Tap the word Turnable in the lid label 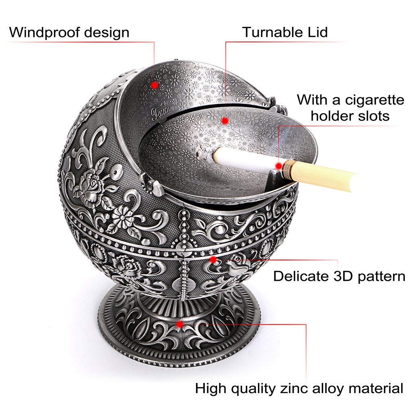[x=273, y=32]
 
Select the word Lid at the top [x=318, y=32]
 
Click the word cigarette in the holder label [x=375, y=100]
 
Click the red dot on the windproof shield [x=154, y=85]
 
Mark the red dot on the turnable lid [x=225, y=121]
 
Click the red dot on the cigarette [x=278, y=166]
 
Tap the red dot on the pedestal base [x=180, y=324]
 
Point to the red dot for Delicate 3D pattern [x=213, y=260]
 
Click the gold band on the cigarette [x=288, y=170]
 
